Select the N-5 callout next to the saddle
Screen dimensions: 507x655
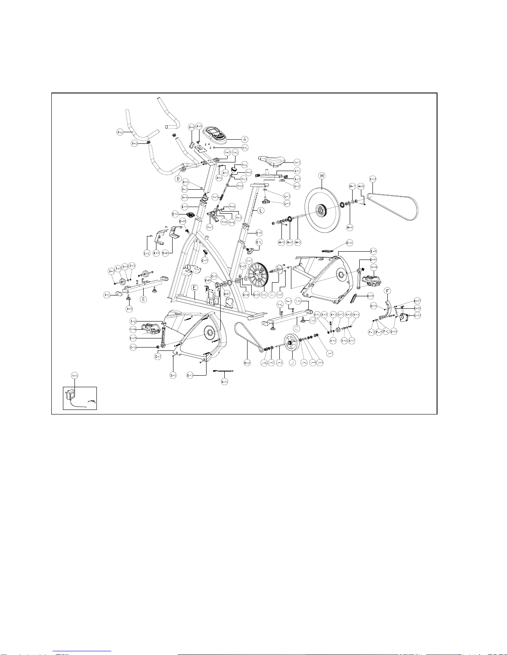[x=297, y=162]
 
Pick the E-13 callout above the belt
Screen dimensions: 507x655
[x=373, y=179]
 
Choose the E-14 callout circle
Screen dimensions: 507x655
[x=247, y=363]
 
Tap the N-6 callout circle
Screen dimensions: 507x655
[x=74, y=375]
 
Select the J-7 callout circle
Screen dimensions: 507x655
[x=329, y=353]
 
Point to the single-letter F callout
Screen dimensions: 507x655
[x=387, y=291]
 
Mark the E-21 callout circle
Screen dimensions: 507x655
[x=224, y=381]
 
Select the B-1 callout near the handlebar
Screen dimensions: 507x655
[x=120, y=132]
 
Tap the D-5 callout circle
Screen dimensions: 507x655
[x=129, y=309]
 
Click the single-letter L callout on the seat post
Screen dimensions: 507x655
[x=261, y=210]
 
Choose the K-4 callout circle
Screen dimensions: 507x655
[x=333, y=341]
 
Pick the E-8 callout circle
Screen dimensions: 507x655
[x=373, y=251]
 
